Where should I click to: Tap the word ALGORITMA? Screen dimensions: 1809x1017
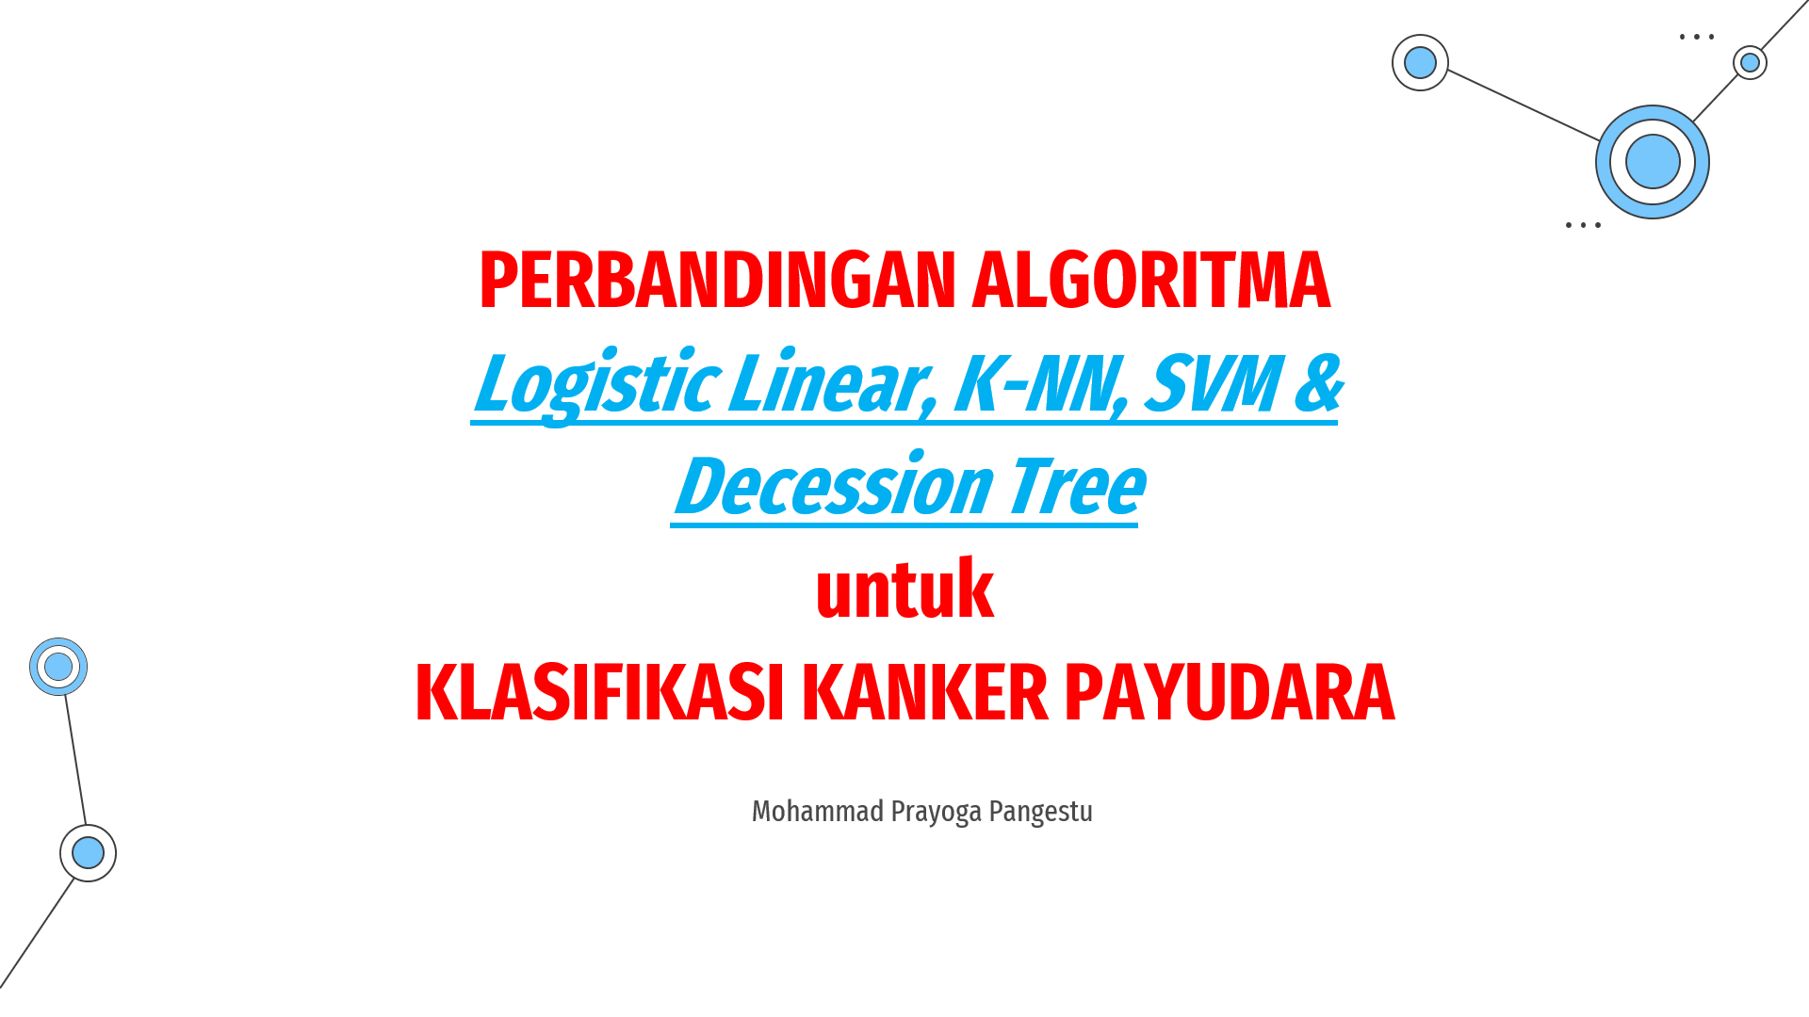pos(1151,281)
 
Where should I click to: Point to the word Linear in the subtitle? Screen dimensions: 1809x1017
pos(833,384)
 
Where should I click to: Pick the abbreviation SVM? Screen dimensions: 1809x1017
pos(1212,383)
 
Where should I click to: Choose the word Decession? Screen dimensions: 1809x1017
pos(835,487)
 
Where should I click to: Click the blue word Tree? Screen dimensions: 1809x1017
pos(1077,487)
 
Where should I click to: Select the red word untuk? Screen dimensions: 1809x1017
pos(904,589)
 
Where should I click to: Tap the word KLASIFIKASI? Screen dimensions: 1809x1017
pos(599,693)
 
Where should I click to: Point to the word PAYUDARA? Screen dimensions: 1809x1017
pos(1230,693)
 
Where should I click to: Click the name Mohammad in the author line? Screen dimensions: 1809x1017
pos(818,811)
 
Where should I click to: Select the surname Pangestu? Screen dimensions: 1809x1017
pos(1041,812)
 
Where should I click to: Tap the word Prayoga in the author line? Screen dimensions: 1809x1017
pos(937,813)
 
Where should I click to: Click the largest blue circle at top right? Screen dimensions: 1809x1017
pos(1653,162)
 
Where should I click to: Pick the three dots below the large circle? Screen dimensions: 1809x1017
pos(1583,225)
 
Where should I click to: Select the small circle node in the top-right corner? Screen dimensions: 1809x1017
pos(1750,63)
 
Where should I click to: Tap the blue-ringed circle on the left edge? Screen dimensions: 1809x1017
pos(58,667)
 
